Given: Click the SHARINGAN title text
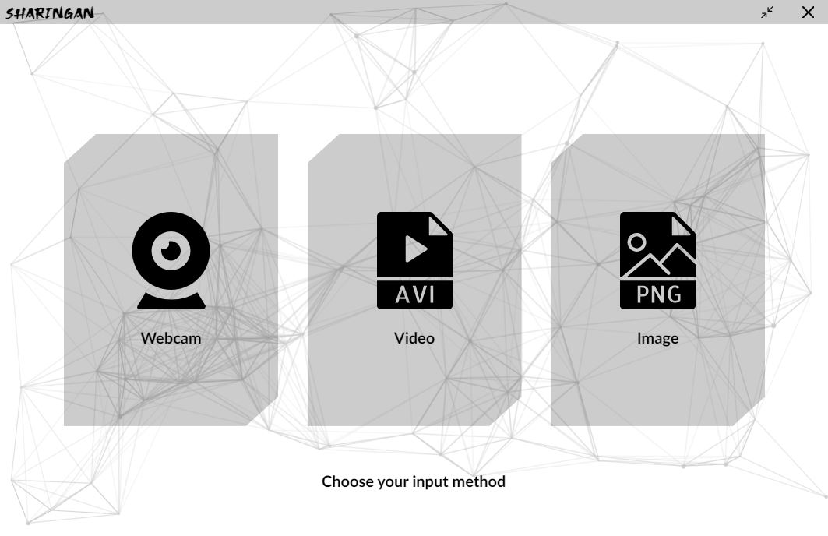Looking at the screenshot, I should (x=50, y=12).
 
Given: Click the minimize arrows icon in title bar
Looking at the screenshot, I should (x=768, y=12).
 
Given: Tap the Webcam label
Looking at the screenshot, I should (x=171, y=338).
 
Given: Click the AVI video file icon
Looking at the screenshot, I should (x=414, y=260).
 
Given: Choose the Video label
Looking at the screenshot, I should (x=414, y=338).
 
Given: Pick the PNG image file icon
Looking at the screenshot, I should (x=657, y=260).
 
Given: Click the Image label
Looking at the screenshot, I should (x=657, y=338).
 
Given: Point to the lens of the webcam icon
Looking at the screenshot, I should (x=171, y=249).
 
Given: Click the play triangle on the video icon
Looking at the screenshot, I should (x=415, y=249).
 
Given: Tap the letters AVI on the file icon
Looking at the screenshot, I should (x=414, y=294).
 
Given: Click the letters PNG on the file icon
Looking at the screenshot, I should (x=657, y=294).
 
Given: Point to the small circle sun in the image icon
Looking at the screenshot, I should (x=636, y=242).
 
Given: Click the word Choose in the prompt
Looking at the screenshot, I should (x=347, y=481).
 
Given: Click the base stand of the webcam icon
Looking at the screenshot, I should (x=171, y=301).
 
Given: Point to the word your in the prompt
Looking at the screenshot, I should (x=393, y=481).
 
